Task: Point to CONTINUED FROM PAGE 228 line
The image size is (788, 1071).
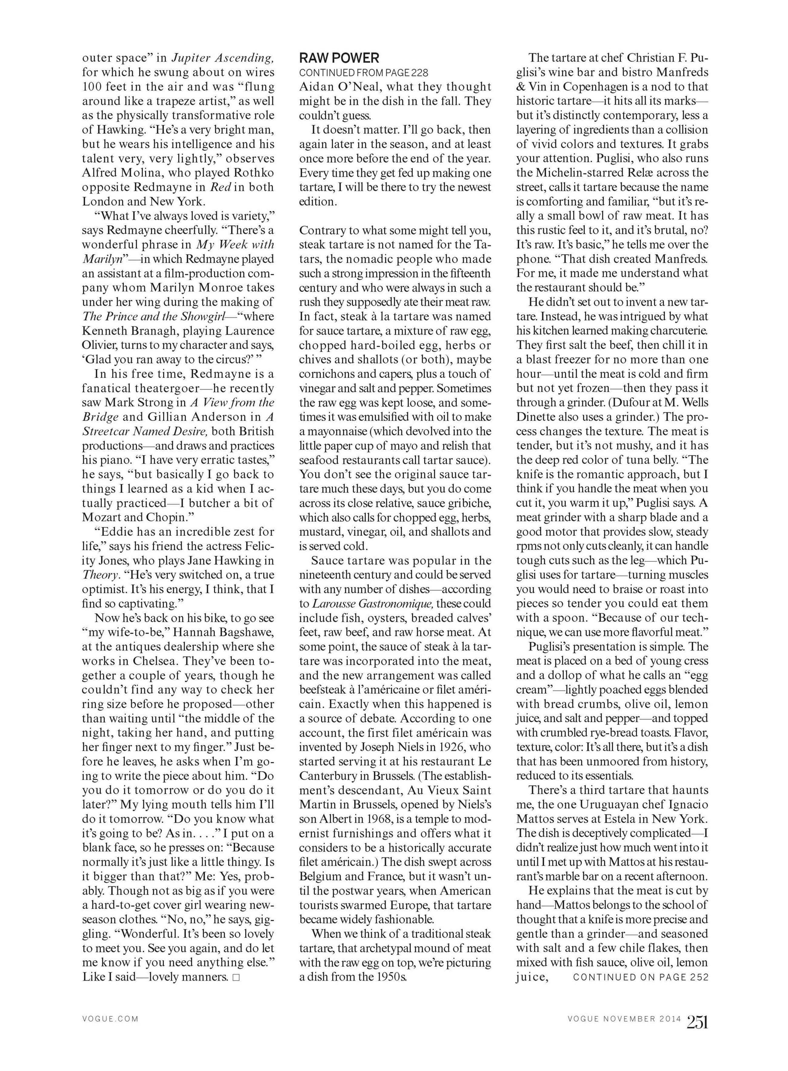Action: tap(363, 72)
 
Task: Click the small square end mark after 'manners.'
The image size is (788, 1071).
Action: tap(235, 977)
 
